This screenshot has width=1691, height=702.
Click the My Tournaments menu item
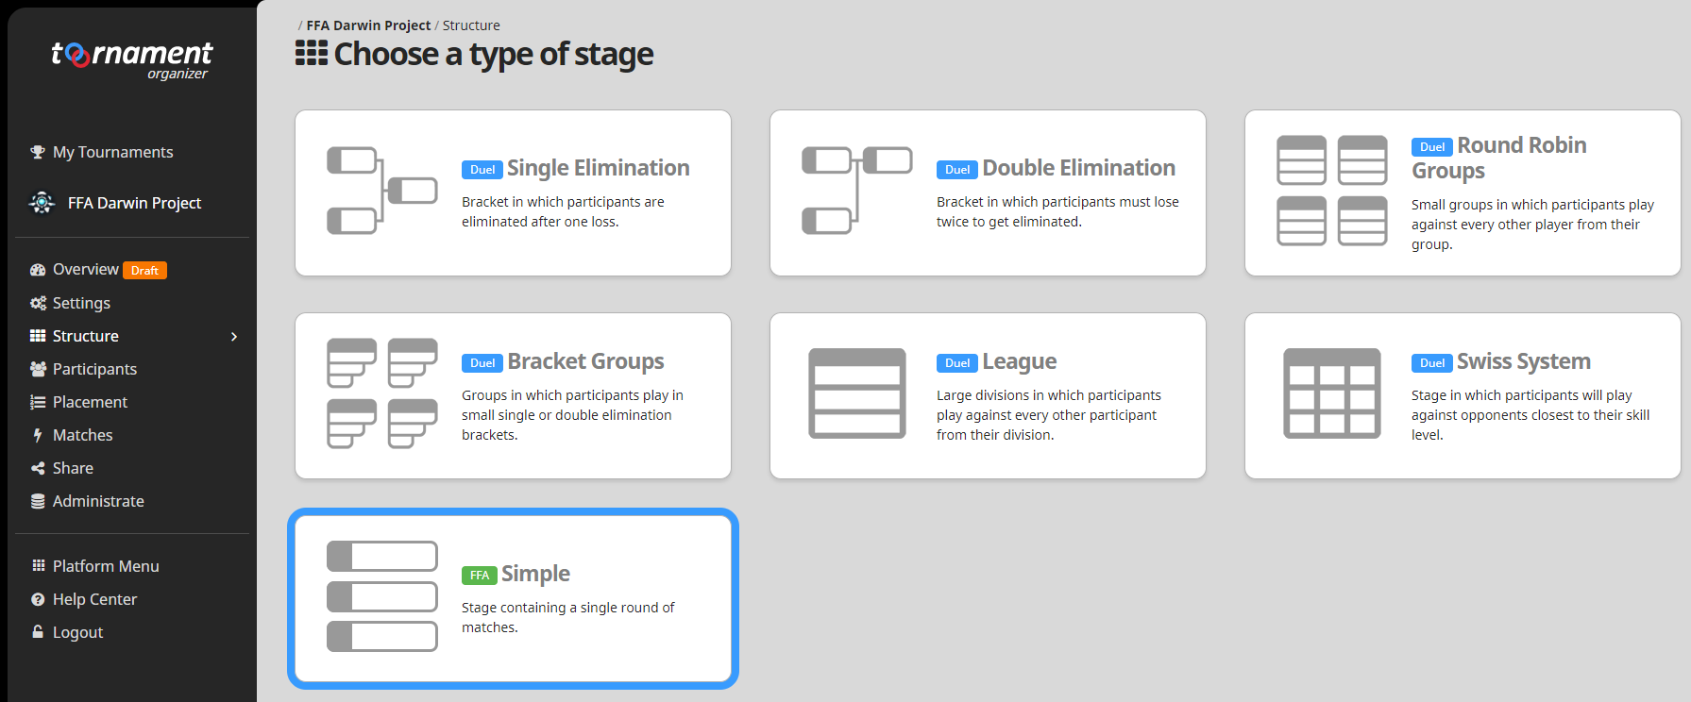102,152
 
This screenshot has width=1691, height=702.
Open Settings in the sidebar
70,303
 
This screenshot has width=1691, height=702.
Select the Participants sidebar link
83,369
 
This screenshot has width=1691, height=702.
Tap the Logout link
67,632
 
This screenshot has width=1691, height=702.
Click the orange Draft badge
144,271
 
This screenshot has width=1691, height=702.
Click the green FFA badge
480,576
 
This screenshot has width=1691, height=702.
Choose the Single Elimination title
599,168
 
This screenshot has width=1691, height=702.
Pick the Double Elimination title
1078,168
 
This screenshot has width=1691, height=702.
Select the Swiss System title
1523,361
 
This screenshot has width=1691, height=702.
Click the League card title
1019,361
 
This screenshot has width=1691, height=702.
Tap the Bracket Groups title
585,361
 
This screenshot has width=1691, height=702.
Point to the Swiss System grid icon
1331,393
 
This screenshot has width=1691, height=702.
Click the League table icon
856,393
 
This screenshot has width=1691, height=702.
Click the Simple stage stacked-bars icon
381,596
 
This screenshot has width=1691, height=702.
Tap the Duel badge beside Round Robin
1431,147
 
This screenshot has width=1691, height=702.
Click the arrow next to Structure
234,337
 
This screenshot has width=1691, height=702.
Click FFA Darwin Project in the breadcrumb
368,25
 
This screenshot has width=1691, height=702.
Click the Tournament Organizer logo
131,59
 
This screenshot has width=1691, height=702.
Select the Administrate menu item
87,501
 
